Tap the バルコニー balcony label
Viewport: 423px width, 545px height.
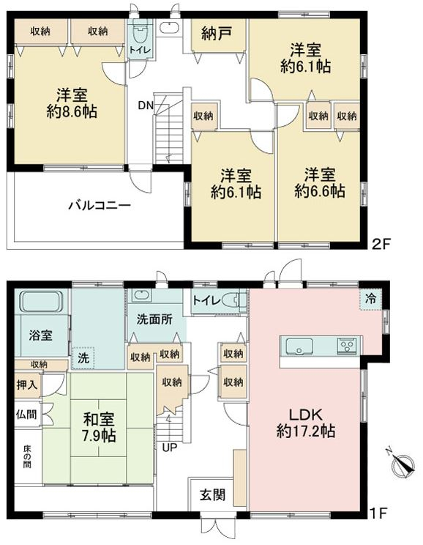(100, 205)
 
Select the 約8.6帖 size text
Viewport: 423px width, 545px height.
(72, 111)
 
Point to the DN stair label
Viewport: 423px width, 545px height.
(146, 105)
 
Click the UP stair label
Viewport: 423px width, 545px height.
(170, 448)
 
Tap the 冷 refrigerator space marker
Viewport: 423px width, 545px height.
(371, 298)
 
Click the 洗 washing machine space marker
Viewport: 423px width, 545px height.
(83, 357)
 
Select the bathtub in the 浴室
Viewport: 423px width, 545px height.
(41, 302)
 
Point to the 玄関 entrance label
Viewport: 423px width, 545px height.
(212, 495)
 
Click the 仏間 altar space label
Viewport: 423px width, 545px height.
(26, 414)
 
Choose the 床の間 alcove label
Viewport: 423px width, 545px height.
(27, 456)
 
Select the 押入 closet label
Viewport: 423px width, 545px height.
(26, 385)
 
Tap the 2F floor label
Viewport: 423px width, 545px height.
(381, 244)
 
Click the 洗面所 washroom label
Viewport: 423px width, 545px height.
(154, 319)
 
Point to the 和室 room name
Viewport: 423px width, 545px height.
(99, 419)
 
